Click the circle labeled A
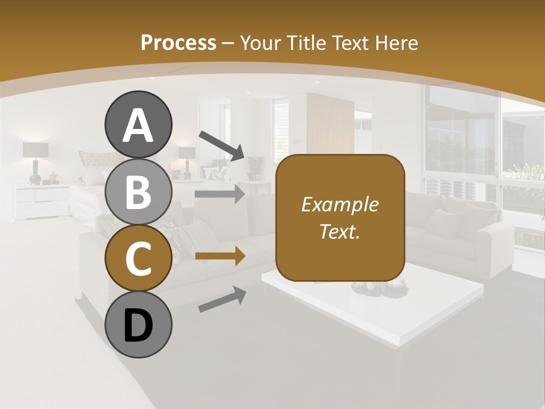point(138,124)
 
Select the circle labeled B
point(138,192)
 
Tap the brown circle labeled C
point(138,258)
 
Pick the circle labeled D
point(138,325)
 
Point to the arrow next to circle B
point(220,194)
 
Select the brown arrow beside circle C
point(220,256)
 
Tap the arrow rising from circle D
point(222,299)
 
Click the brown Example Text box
point(340,218)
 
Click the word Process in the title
point(178,43)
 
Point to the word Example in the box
point(340,204)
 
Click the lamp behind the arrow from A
point(187,158)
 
